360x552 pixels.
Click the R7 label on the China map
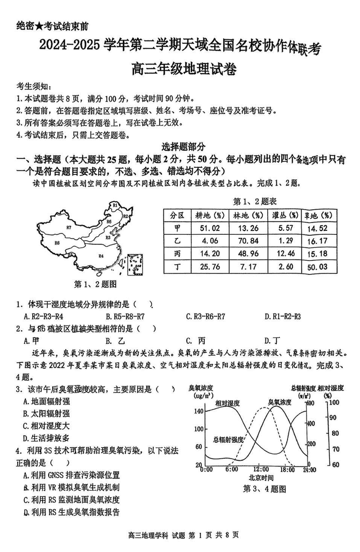[x=69, y=227]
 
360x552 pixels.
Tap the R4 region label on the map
[x=101, y=256]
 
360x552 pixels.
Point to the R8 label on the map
[x=57, y=243]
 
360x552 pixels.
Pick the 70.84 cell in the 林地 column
[x=248, y=241]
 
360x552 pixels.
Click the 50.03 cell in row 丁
[x=320, y=267]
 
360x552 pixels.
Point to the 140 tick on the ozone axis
[x=198, y=412]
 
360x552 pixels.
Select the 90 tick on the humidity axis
[x=332, y=417]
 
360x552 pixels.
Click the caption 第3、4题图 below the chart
[x=264, y=489]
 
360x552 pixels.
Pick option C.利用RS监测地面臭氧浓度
[x=72, y=499]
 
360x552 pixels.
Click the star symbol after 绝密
[x=39, y=27]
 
